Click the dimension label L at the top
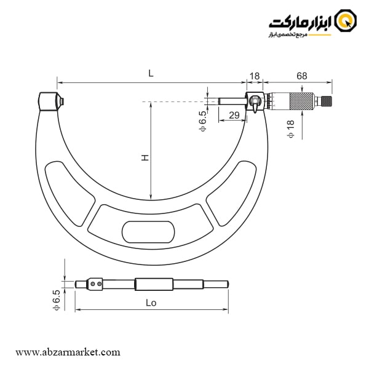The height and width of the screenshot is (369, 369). pos(151,73)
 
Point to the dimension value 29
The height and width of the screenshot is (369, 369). pos(234,115)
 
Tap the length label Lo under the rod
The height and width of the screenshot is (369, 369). pos(151,303)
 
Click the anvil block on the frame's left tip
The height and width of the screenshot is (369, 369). pos(49,101)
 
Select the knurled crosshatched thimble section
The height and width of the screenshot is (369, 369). pos(301,101)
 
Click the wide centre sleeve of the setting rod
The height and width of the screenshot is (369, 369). pos(153,284)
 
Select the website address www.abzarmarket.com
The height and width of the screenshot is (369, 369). pos(68,352)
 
